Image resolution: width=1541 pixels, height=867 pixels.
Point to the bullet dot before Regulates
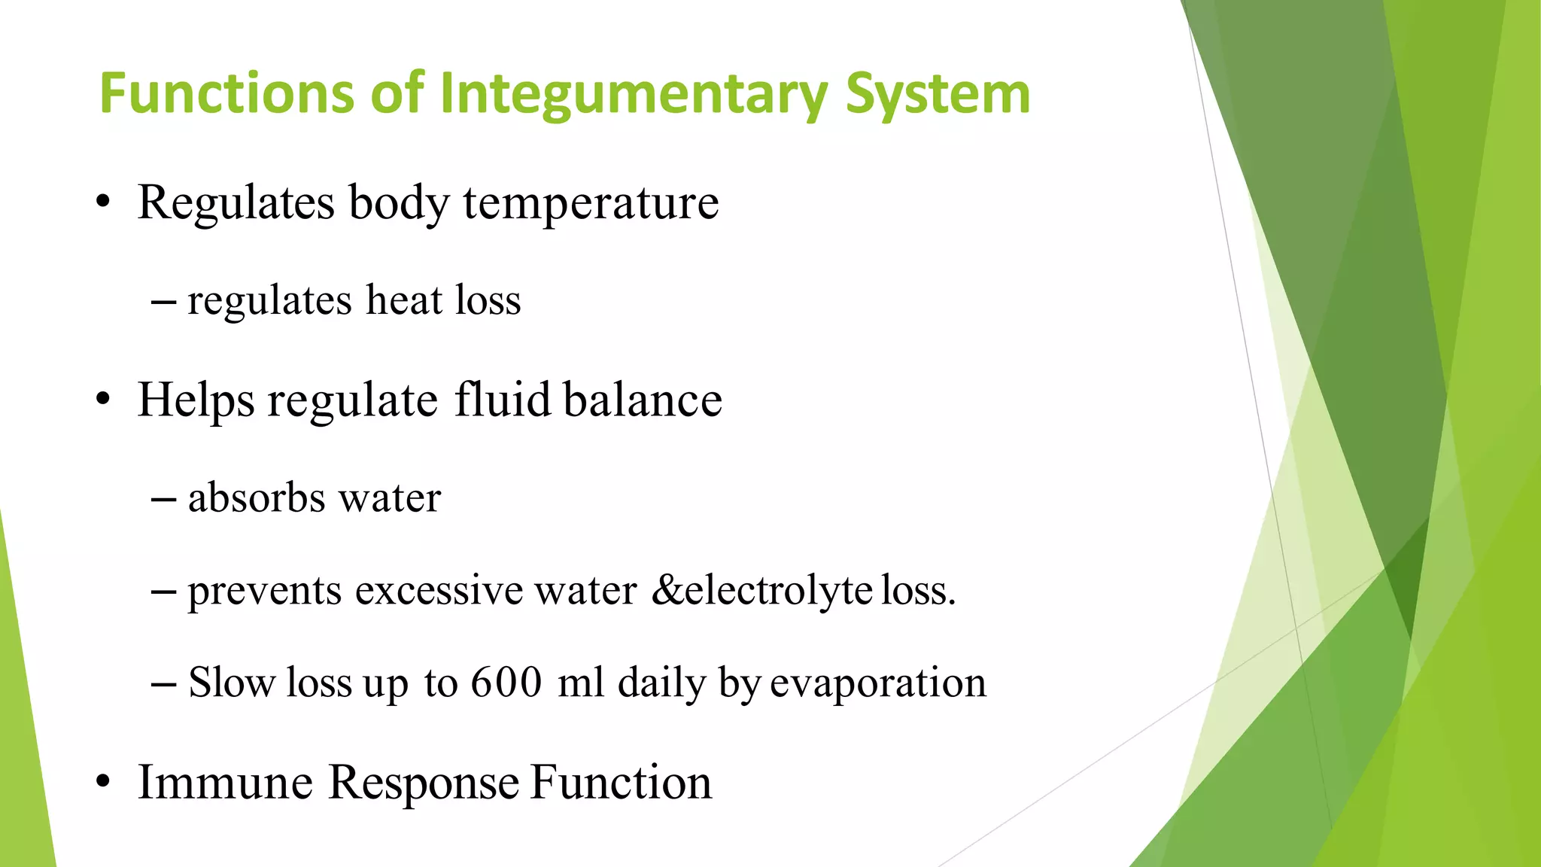point(103,203)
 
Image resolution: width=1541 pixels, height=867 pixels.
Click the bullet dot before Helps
point(103,400)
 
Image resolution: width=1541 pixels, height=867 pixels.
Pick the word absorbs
point(256,497)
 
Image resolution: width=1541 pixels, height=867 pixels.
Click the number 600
point(506,683)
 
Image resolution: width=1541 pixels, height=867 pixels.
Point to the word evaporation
point(878,683)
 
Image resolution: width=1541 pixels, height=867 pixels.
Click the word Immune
point(225,782)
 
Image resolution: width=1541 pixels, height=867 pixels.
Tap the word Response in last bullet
point(424,783)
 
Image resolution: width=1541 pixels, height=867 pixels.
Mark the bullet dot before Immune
point(103,783)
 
